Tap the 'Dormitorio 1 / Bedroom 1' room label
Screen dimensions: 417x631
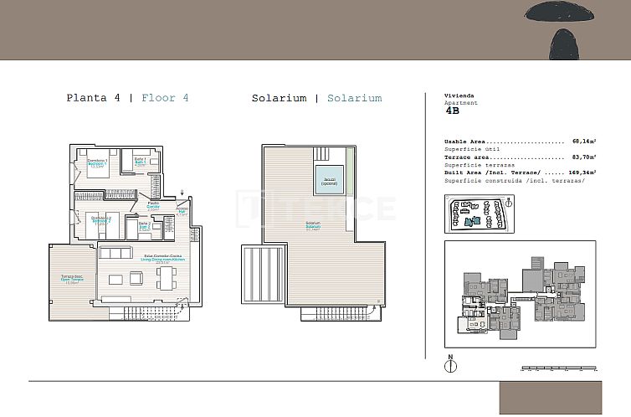coord(98,162)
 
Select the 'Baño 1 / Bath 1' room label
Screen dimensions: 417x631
coord(140,161)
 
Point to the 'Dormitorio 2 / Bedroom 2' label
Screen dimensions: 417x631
coord(101,219)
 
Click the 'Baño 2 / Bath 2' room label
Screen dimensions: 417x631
coord(144,225)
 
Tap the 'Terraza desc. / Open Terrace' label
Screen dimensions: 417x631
coord(71,278)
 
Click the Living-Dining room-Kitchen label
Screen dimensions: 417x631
coord(164,260)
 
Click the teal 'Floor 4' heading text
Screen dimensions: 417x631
coord(165,98)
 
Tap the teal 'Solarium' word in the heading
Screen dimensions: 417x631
coord(354,98)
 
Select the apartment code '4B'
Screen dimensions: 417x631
coord(452,110)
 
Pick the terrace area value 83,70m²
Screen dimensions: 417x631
coord(583,157)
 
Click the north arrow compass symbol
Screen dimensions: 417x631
coord(450,365)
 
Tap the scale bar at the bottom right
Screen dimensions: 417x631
coord(557,368)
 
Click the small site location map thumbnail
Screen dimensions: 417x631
coord(479,214)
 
